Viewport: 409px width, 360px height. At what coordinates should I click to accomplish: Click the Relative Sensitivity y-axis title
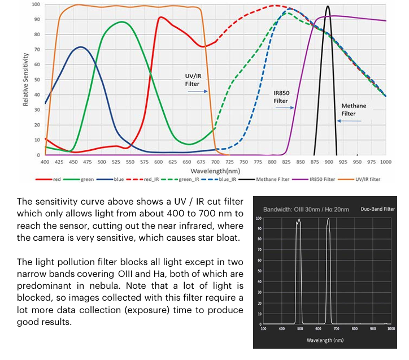(x=26, y=80)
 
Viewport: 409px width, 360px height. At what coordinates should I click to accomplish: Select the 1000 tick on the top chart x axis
(x=385, y=162)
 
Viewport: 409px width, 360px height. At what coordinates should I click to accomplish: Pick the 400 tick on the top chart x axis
(x=45, y=162)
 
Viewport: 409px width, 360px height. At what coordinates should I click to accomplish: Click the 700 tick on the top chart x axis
(x=215, y=162)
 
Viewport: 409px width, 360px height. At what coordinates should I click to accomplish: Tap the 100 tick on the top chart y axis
(x=36, y=5)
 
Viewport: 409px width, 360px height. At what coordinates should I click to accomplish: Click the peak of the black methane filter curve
(x=328, y=7)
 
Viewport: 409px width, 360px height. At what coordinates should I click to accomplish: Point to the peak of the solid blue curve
(x=81, y=47)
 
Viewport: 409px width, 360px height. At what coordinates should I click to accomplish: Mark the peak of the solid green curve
(x=123, y=22)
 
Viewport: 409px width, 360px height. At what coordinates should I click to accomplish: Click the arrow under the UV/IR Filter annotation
(x=197, y=91)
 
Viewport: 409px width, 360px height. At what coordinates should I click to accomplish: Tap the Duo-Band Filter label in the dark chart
(x=377, y=209)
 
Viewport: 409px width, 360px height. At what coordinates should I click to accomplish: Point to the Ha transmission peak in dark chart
(x=328, y=219)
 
